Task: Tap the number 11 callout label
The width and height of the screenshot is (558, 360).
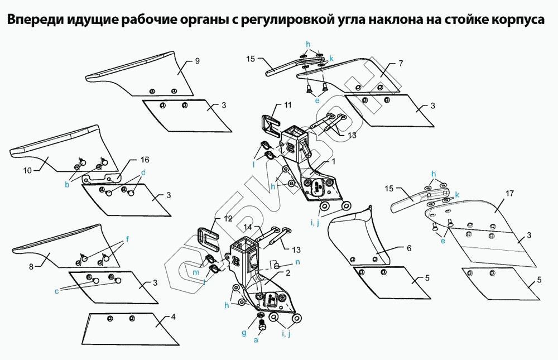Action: pyautogui.click(x=288, y=105)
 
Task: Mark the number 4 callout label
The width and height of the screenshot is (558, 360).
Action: pyautogui.click(x=173, y=317)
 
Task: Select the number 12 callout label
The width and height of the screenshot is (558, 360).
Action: pyautogui.click(x=228, y=218)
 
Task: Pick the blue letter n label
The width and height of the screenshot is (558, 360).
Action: pyautogui.click(x=297, y=261)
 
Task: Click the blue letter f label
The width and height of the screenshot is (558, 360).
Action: pyautogui.click(x=127, y=239)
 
